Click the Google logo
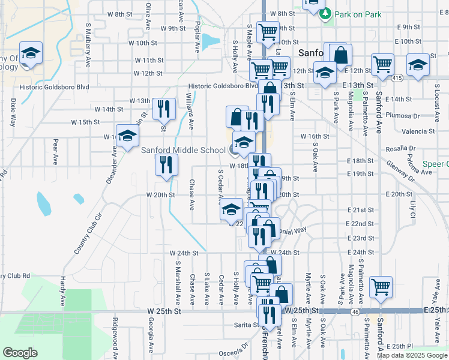pyautogui.click(x=20, y=353)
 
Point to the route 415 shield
pyautogui.click(x=397, y=78)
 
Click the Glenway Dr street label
pyautogui.click(x=400, y=170)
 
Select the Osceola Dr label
pyautogui.click(x=234, y=346)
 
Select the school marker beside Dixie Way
pyautogui.click(x=30, y=54)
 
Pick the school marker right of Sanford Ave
pyautogui.click(x=418, y=65)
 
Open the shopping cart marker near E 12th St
pyautogui.click(x=382, y=64)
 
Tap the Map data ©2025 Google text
pyautogui.click(x=412, y=355)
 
